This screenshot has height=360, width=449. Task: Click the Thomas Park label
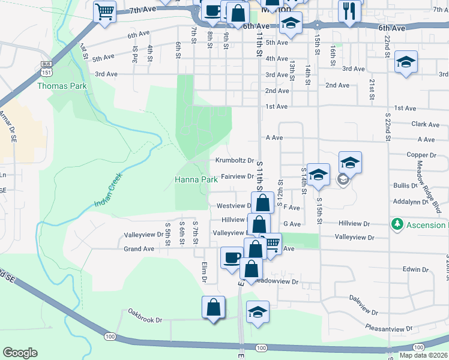(x=62, y=86)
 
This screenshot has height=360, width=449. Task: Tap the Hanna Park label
(x=196, y=179)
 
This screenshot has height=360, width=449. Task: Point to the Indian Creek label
(x=116, y=190)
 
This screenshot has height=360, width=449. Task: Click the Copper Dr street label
(x=420, y=155)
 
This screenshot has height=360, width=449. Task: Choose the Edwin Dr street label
(x=415, y=269)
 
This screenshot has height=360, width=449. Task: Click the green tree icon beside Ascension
(x=396, y=224)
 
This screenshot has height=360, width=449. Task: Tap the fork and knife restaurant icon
(x=349, y=10)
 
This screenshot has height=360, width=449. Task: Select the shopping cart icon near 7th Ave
(x=104, y=11)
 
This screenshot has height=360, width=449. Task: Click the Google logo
(x=20, y=353)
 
